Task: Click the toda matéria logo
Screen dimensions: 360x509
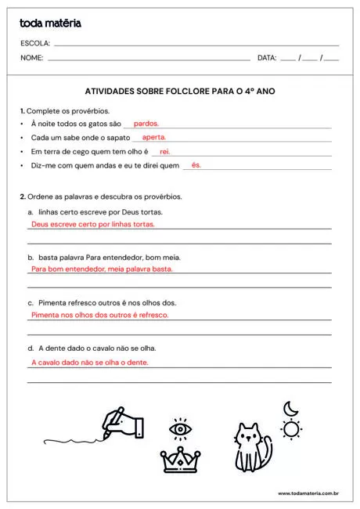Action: (x=50, y=23)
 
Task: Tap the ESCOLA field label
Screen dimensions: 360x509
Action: (x=35, y=43)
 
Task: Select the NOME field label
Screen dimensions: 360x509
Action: (x=32, y=58)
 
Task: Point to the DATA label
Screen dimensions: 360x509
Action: (x=267, y=58)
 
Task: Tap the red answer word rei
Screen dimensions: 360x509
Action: (x=164, y=151)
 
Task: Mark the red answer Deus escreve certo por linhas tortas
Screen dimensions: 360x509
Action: (x=92, y=224)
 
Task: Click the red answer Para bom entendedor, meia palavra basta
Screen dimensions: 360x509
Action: (x=101, y=269)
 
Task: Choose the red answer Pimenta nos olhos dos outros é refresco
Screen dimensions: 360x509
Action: (x=99, y=315)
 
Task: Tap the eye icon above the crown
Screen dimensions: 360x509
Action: (x=181, y=429)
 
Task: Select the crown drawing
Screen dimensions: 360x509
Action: (x=181, y=460)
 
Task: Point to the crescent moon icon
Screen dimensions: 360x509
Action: (x=290, y=408)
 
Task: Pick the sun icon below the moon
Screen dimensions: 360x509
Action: (x=291, y=428)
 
